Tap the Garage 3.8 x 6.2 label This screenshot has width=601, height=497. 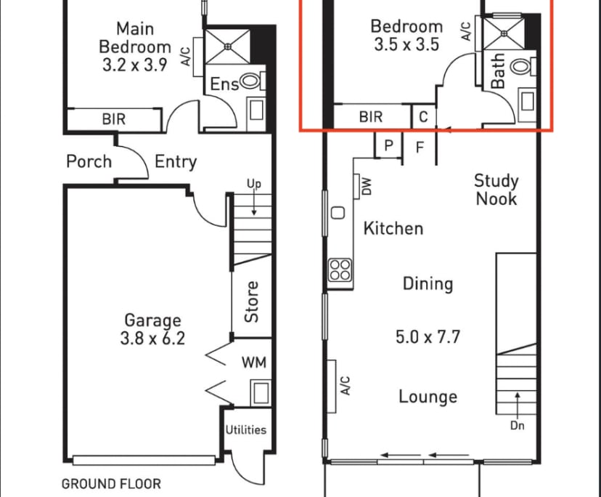[152, 328]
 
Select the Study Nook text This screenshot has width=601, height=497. [496, 189]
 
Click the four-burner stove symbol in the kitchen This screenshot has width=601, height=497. [340, 270]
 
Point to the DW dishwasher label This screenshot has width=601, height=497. [366, 187]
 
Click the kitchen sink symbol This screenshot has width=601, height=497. [338, 213]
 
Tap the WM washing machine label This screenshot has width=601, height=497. [253, 362]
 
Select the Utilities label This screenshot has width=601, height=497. [245, 429]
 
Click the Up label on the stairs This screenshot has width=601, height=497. [253, 184]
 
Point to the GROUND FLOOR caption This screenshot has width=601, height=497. [111, 483]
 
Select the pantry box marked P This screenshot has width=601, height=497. [388, 145]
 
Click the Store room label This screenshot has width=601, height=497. [251, 302]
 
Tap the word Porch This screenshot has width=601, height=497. [89, 161]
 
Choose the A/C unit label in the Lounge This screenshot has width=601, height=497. [346, 385]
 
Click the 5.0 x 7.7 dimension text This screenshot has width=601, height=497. [428, 337]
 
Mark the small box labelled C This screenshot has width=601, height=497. [423, 116]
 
